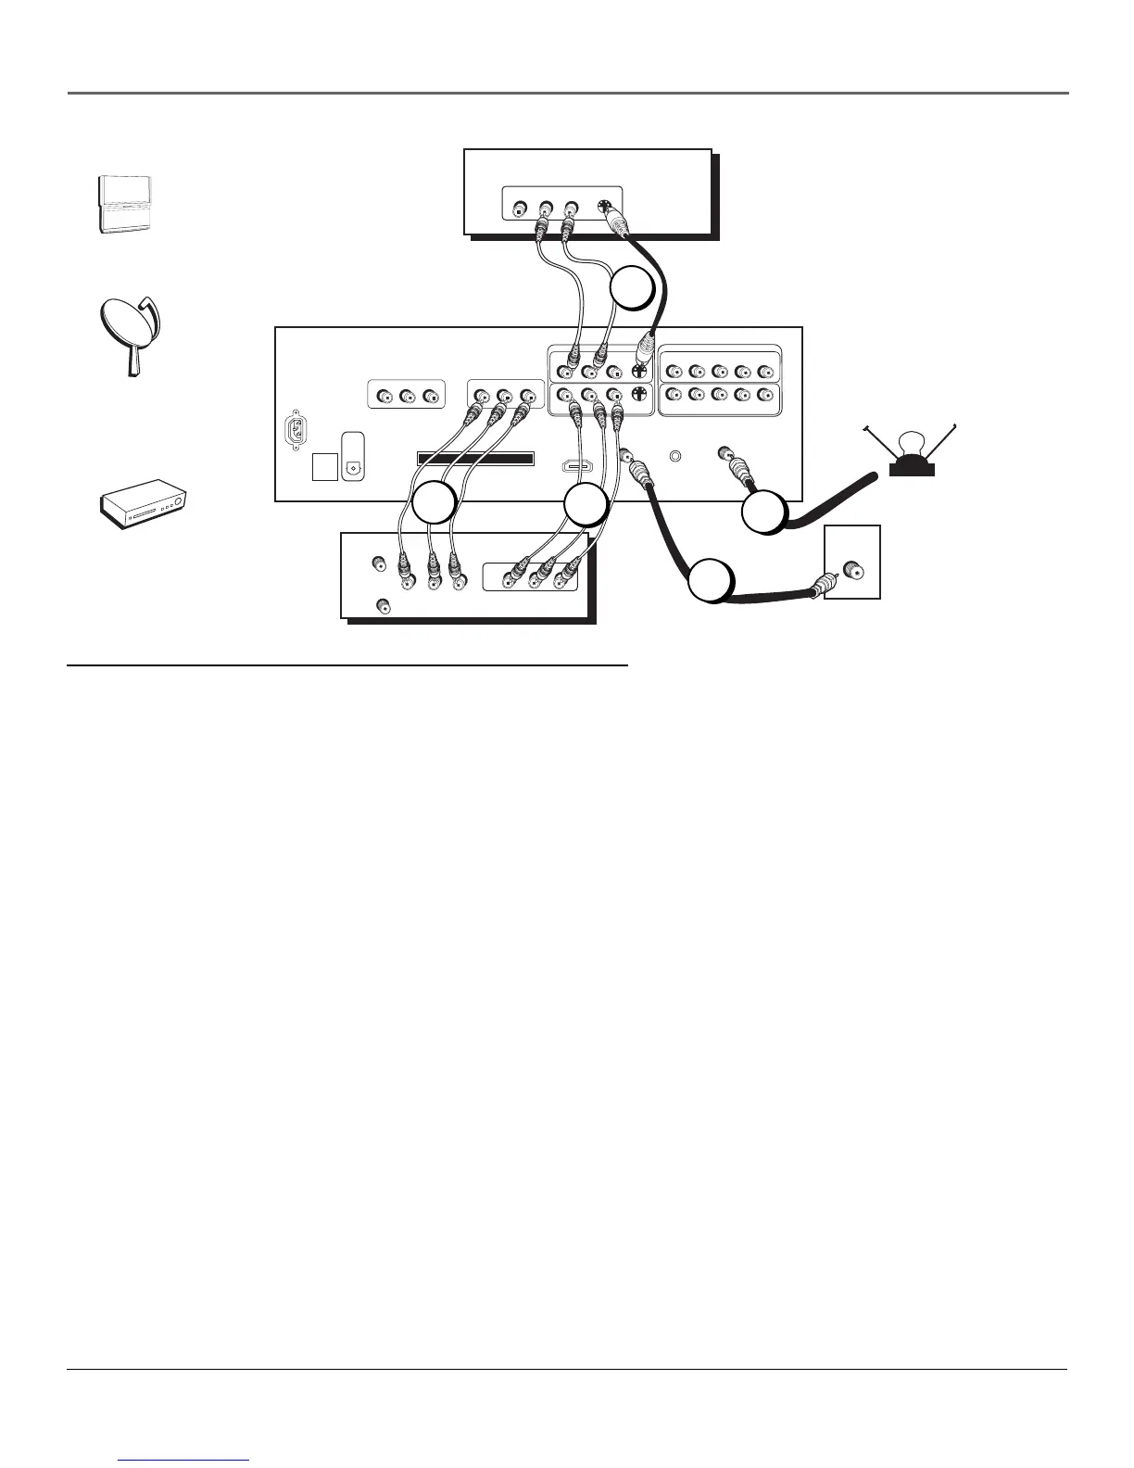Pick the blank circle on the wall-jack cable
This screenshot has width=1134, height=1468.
point(711,582)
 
